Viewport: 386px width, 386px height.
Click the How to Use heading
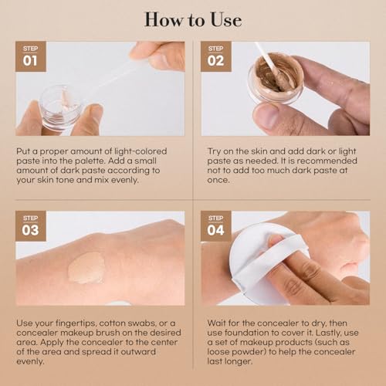tap(192, 19)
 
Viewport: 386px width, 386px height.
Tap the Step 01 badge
tap(30, 56)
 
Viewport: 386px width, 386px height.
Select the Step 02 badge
tap(215, 56)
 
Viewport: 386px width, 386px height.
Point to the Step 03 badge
tap(30, 226)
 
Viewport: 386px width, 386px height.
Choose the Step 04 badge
tap(215, 226)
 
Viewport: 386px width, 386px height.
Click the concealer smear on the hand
tap(86, 268)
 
